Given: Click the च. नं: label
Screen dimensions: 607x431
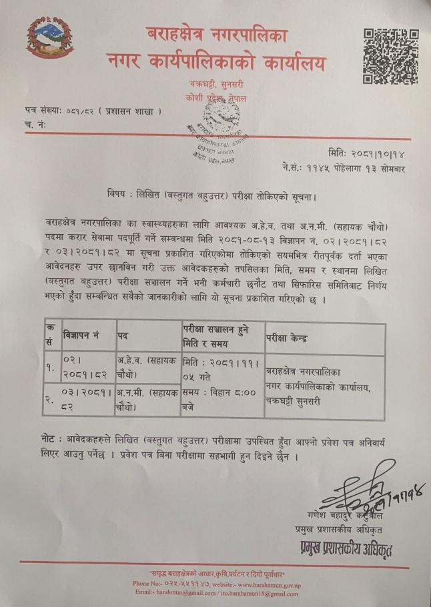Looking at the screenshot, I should click(37, 124).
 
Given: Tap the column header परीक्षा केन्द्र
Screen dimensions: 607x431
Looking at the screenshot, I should click(286, 338).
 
